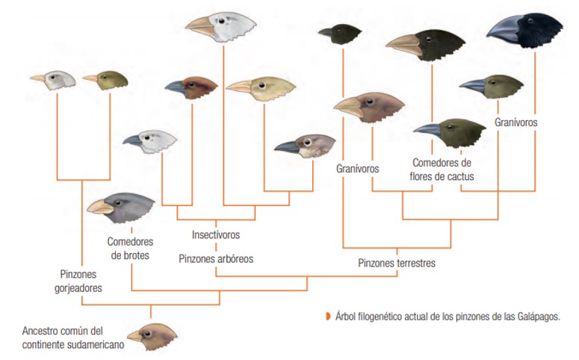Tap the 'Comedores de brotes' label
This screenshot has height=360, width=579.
[130, 249]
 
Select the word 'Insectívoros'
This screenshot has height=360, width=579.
[216, 235]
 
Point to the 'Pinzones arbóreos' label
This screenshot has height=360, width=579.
[216, 258]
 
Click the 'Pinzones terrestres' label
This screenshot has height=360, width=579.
[396, 263]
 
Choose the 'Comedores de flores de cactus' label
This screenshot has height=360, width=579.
[442, 170]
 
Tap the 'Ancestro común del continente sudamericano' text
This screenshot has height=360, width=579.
[72, 335]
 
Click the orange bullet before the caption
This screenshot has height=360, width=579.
[326, 317]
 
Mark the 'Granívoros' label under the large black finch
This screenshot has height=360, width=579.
[515, 122]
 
